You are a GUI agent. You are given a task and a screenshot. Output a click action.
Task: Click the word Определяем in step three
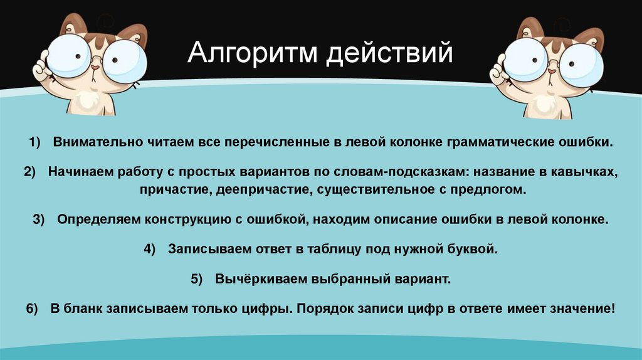(92, 220)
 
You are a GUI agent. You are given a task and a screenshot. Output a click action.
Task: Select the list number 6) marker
(33, 309)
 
